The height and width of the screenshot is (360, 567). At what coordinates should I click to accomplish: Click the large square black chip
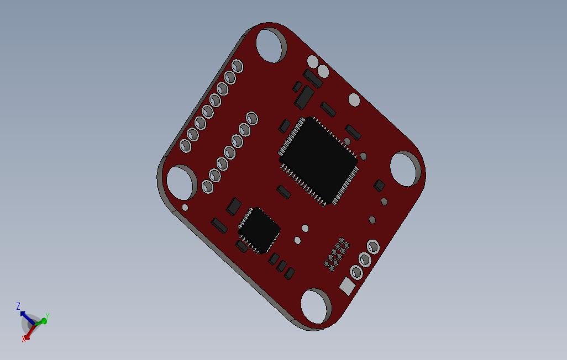(x=319, y=161)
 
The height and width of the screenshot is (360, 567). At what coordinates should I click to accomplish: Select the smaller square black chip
(x=259, y=230)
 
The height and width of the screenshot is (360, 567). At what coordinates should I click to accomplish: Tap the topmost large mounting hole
(x=271, y=45)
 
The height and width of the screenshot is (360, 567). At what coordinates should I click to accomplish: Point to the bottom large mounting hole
(x=315, y=306)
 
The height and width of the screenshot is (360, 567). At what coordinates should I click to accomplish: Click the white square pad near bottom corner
(x=348, y=286)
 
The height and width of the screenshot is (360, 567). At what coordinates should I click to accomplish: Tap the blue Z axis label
(x=18, y=306)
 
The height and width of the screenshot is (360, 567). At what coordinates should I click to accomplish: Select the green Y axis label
(x=48, y=316)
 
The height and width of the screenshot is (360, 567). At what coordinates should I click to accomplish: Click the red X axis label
(x=24, y=339)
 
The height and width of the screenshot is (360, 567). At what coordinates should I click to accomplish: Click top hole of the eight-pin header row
(x=237, y=66)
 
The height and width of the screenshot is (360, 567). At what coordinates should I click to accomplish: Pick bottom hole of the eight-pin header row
(x=185, y=146)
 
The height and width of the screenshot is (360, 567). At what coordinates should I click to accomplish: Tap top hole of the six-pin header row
(x=251, y=118)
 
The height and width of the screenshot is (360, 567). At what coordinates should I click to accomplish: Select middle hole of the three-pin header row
(x=365, y=259)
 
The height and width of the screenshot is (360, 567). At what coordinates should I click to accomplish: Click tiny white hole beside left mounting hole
(x=185, y=208)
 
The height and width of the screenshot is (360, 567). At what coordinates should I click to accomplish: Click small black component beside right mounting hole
(x=379, y=185)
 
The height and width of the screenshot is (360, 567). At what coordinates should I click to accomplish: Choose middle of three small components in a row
(x=282, y=266)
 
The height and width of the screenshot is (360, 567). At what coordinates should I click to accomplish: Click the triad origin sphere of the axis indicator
(x=32, y=322)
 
